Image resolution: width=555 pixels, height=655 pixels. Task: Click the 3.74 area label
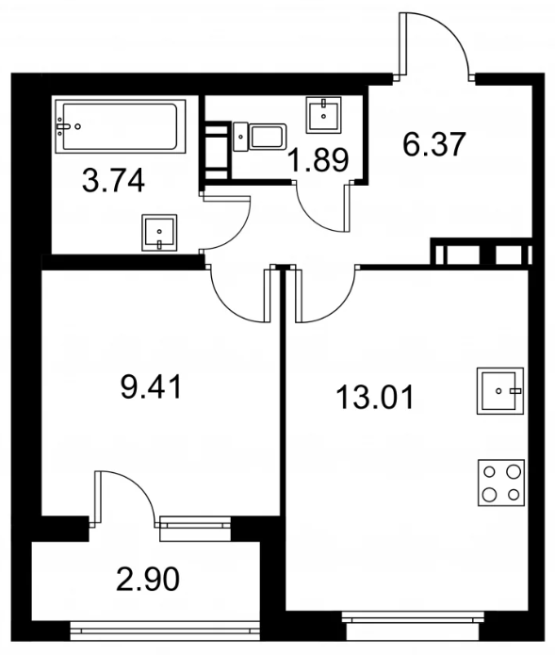114,180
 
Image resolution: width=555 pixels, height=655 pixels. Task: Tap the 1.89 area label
319,160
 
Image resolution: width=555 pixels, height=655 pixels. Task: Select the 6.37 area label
433,144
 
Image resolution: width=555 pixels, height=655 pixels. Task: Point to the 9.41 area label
151,386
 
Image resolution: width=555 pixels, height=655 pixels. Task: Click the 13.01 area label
375,398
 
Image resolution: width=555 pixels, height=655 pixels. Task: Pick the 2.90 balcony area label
148,579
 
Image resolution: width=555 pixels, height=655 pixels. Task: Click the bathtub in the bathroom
121,125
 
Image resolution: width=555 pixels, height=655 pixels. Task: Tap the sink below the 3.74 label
159,232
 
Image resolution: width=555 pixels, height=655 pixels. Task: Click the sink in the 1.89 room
323,115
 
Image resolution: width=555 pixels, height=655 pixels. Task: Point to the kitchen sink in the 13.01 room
500,390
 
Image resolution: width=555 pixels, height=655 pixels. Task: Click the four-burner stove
501,483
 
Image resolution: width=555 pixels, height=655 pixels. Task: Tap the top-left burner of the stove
489,472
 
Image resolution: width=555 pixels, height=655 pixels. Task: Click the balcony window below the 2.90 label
165,630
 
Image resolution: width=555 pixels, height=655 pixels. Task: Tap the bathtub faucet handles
62,125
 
